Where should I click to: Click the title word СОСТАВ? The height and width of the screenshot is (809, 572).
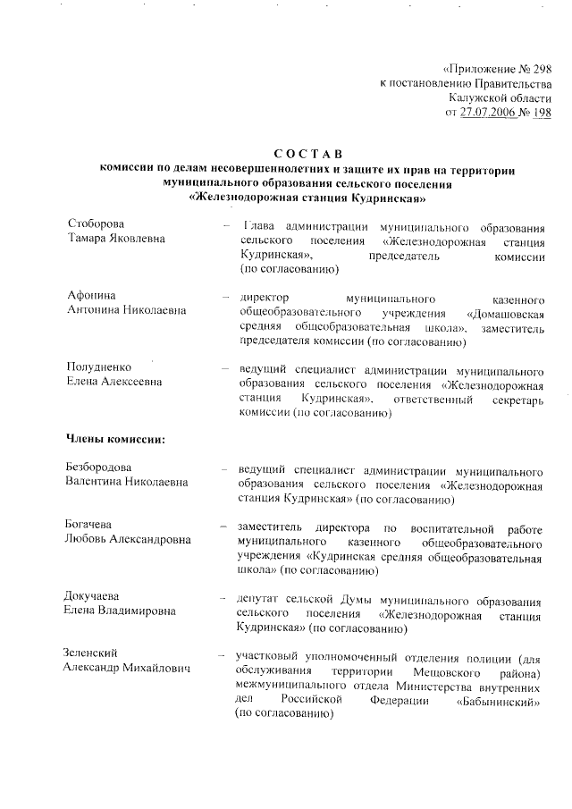click(x=307, y=156)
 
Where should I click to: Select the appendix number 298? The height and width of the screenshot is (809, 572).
click(x=539, y=68)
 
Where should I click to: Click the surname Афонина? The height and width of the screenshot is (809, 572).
click(x=92, y=295)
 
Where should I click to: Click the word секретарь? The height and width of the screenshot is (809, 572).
click(x=517, y=399)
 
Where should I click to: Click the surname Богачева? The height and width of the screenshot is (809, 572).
click(x=94, y=523)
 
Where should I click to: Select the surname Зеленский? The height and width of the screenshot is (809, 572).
click(x=91, y=653)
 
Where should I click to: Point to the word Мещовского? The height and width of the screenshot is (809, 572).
click(x=448, y=670)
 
